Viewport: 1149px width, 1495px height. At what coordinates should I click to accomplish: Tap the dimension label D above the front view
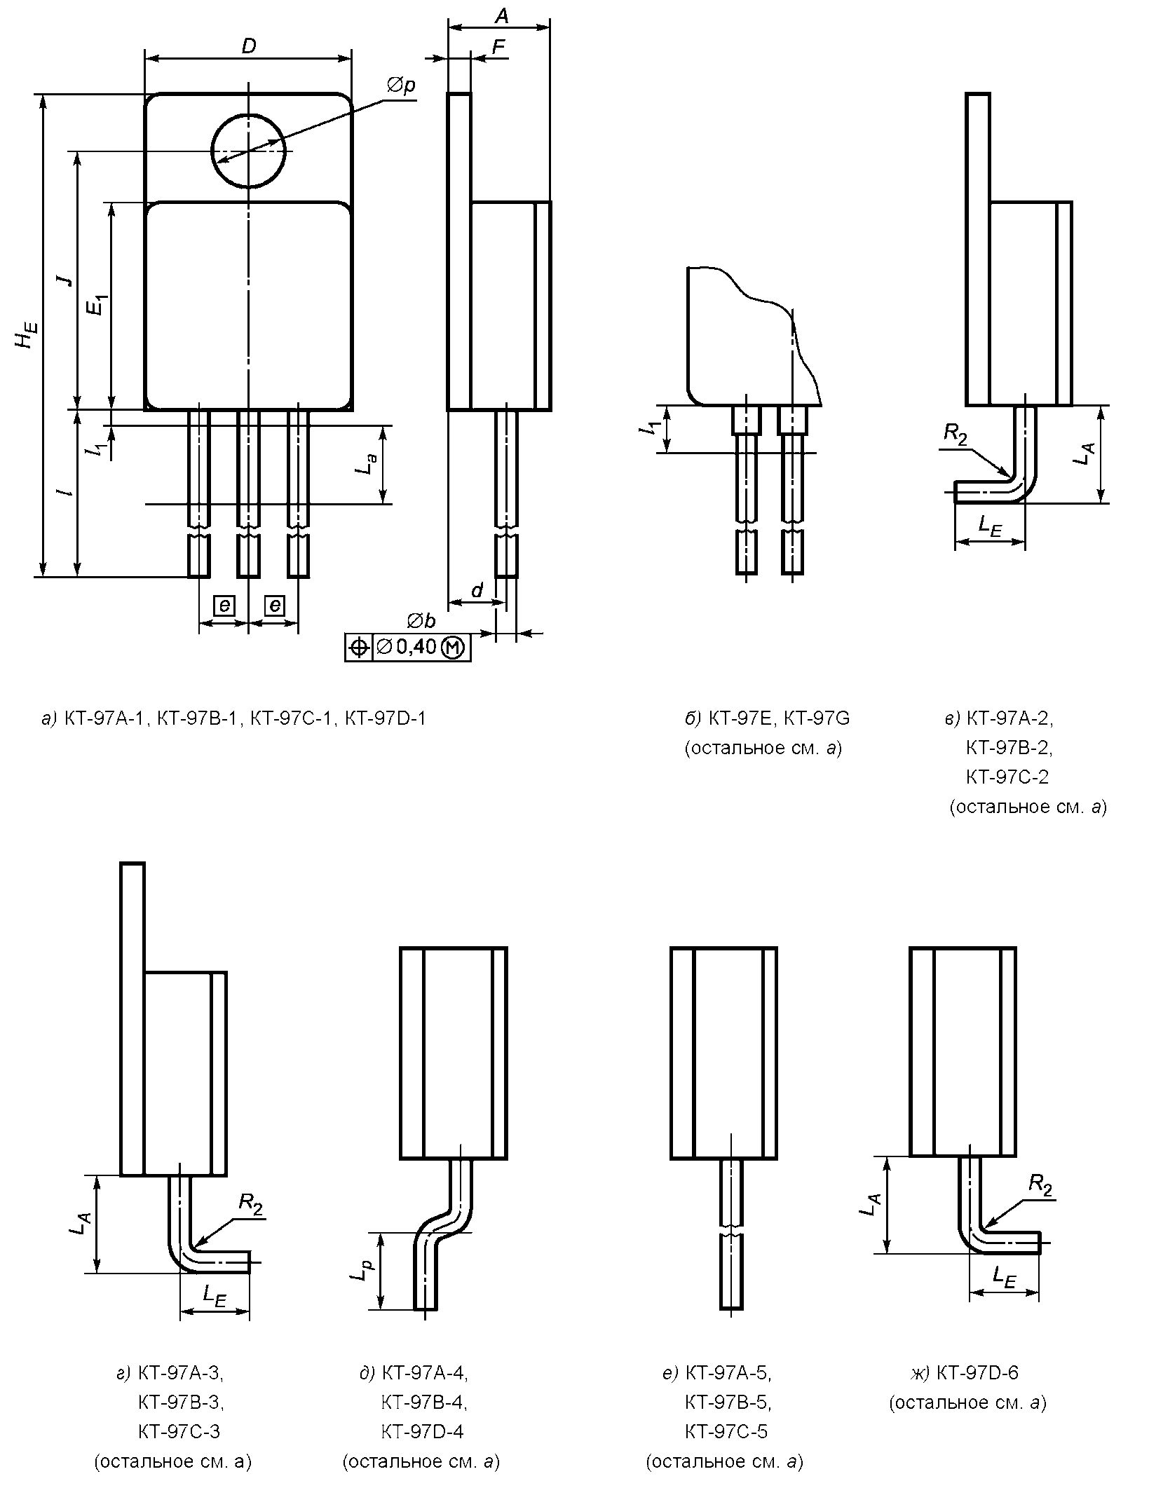click(x=249, y=46)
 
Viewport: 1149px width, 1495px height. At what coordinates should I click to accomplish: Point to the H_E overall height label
click(x=26, y=334)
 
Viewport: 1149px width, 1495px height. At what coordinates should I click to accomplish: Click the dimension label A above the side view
click(x=501, y=15)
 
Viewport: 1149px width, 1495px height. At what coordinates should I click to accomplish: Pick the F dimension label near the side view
click(x=498, y=46)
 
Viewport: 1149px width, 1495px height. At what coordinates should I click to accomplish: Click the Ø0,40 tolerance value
click(x=407, y=647)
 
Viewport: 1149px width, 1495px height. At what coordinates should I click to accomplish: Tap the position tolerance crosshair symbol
click(x=358, y=648)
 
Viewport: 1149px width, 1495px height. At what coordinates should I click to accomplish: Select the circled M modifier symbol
click(x=454, y=648)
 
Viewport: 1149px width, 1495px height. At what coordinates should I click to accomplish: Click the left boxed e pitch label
click(x=224, y=606)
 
